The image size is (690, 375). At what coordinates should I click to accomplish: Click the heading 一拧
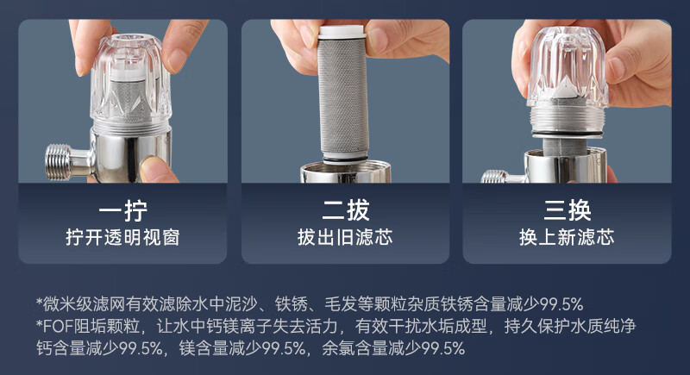(x=122, y=210)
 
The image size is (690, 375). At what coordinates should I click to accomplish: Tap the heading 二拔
(x=346, y=210)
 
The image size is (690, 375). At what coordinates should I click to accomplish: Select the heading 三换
(x=568, y=210)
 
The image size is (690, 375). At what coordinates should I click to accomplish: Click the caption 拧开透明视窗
(x=122, y=237)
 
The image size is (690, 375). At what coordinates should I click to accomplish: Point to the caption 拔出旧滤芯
(x=345, y=237)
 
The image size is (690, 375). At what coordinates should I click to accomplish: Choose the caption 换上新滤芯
(x=567, y=237)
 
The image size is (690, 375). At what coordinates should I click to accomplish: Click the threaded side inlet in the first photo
(x=59, y=162)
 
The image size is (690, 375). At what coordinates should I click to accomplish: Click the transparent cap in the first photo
(x=131, y=81)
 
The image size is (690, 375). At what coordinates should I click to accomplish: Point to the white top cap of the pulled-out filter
(x=342, y=32)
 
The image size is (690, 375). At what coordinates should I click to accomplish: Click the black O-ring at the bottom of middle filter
(x=344, y=159)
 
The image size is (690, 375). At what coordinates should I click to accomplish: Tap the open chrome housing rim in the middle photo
(x=346, y=172)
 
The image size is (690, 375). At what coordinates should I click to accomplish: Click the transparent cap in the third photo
(x=568, y=65)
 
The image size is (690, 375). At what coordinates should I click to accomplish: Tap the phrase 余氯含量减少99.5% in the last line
(x=393, y=348)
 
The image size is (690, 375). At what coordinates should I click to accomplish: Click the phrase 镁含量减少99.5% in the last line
(x=242, y=348)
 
